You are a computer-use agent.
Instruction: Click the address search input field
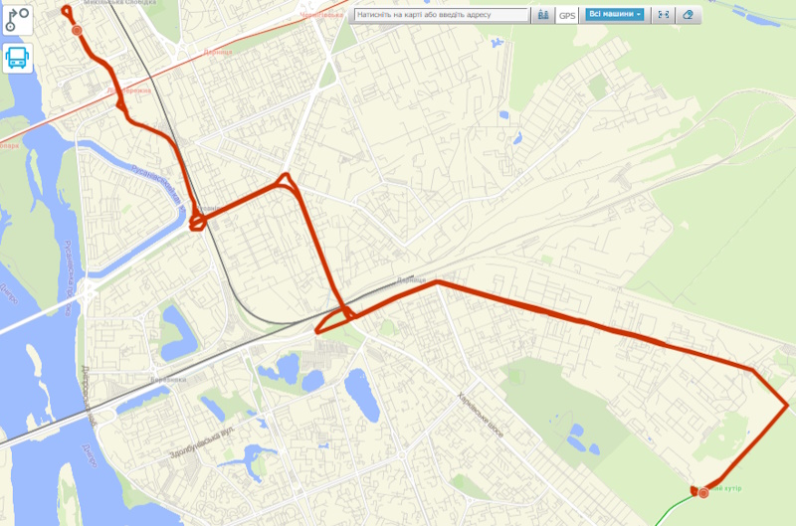441,16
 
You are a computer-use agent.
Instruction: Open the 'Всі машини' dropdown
614,15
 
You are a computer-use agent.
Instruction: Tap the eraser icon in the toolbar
688,16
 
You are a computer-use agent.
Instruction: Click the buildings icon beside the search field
543,16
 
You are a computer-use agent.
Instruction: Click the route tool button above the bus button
17,20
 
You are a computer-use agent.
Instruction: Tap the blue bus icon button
17,57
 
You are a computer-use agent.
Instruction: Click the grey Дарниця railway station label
411,280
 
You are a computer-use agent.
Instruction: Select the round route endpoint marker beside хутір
703,492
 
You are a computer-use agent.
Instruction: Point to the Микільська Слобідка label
120,3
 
